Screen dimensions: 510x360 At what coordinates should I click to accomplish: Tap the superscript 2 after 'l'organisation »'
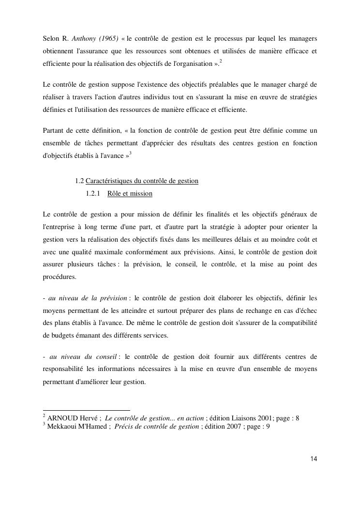221,61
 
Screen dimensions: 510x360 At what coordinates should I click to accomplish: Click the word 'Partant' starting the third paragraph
54,131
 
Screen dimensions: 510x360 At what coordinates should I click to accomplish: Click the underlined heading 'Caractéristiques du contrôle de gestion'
142,181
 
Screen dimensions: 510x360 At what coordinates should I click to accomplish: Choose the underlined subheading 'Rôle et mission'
130,194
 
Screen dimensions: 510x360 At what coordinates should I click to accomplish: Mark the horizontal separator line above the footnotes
87,410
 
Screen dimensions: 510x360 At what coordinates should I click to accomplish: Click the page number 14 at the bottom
314,459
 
